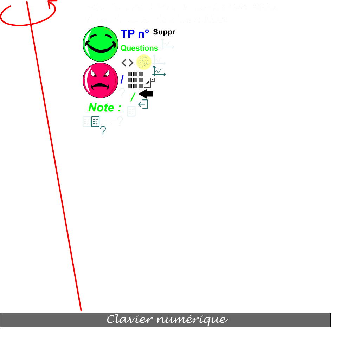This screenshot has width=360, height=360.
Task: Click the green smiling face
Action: pos(100,44)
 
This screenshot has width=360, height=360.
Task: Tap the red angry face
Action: pos(100,80)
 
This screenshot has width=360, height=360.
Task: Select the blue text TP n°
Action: pos(135,34)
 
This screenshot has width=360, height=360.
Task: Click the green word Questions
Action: pos(139,48)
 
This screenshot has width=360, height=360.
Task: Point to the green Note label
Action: pos(104,108)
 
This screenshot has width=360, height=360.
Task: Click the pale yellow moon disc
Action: pos(144,62)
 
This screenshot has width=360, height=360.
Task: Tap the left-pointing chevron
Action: pos(124,64)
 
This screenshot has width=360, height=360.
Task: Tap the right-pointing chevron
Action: pos(131,64)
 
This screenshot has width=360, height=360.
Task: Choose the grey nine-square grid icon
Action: pos(135,80)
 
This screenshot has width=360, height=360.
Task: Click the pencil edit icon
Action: pos(148,83)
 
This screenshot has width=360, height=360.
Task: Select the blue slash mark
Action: pos(122,79)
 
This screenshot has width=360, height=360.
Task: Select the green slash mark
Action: pos(133,97)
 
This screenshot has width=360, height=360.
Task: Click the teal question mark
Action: pos(103,131)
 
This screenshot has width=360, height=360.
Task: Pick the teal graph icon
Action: pos(159,72)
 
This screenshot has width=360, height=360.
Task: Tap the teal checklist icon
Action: pos(95,122)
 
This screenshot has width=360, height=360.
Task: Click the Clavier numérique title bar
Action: pos(165,320)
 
